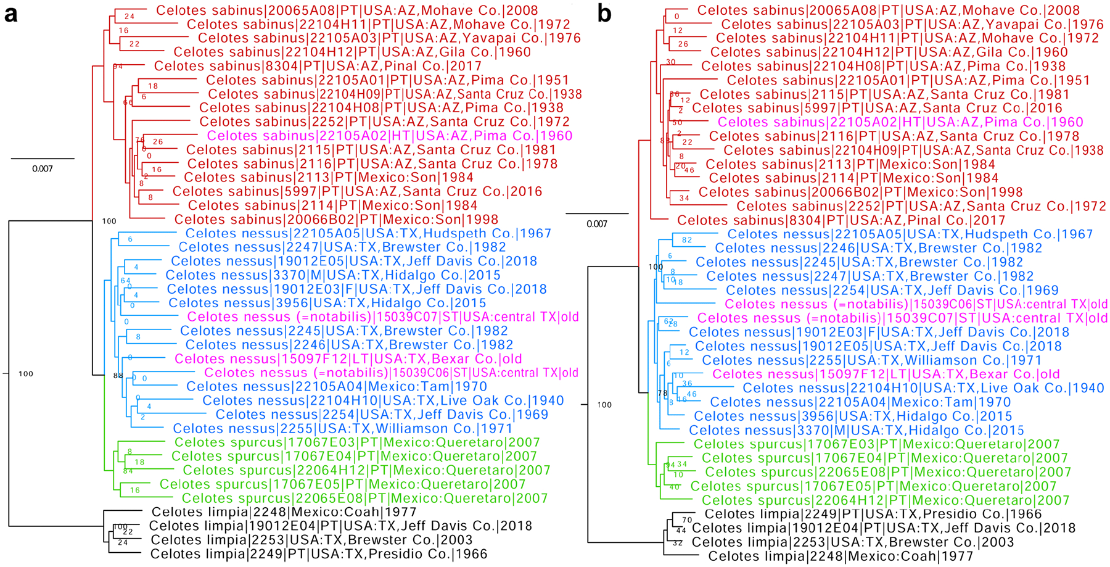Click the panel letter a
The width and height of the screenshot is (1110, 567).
10,14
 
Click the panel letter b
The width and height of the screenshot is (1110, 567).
604,14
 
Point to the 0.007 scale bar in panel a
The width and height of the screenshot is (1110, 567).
43,159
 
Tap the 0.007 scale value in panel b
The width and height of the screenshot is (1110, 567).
596,224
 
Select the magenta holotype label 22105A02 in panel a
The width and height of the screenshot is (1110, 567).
390,136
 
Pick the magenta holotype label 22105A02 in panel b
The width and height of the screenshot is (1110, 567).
900,122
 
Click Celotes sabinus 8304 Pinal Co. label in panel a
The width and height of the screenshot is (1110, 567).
318,66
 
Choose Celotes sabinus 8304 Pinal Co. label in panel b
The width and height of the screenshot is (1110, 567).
841,220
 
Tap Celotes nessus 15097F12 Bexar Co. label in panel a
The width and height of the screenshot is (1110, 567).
348,359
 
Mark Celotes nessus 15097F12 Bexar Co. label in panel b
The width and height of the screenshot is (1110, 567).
886,375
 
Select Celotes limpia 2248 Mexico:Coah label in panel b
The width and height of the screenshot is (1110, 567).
841,557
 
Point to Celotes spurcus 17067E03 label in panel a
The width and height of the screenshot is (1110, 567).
357,442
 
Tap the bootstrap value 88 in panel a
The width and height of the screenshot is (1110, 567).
118,375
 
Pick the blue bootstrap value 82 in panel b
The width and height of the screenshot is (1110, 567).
687,240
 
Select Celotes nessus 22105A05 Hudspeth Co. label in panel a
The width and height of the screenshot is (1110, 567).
368,233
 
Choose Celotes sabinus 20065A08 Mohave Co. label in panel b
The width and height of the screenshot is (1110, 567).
889,10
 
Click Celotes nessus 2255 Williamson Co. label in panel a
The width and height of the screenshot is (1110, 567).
342,429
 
